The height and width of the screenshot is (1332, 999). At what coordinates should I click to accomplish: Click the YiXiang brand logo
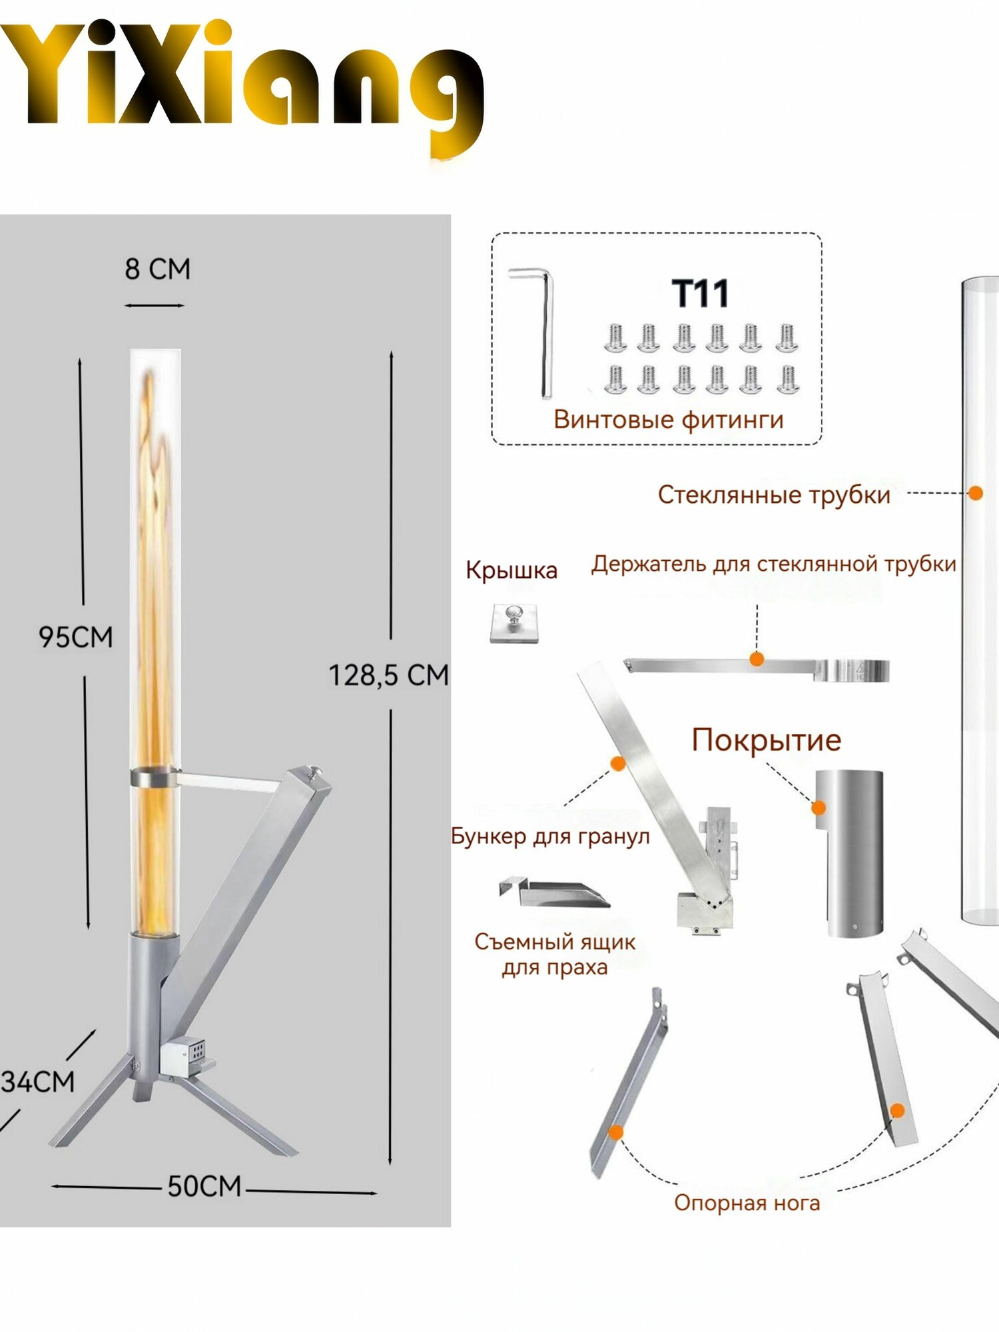[242, 87]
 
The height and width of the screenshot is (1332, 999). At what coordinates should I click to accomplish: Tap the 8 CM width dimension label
[158, 269]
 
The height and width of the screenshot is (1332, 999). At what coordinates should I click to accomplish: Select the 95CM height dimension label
[75, 637]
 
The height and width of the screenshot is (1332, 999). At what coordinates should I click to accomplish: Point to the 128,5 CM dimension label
[389, 675]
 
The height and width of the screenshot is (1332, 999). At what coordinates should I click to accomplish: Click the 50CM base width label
[204, 1186]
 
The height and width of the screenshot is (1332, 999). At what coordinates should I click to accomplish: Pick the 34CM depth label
[37, 1082]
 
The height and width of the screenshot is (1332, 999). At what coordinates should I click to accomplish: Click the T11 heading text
[700, 294]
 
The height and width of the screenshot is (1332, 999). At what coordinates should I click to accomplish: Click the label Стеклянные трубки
[774, 495]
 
